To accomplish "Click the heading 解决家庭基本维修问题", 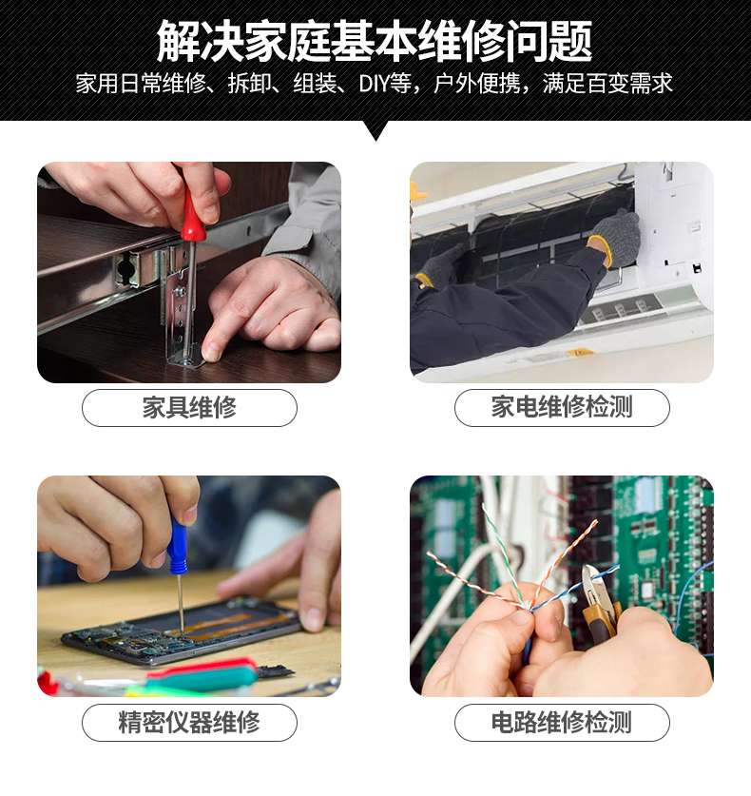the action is (x=375, y=41).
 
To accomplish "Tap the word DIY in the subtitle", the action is (x=373, y=84).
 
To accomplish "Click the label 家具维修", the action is (x=189, y=407).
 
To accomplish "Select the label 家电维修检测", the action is (x=562, y=407).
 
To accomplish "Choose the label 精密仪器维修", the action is (x=189, y=722).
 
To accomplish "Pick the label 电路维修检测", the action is (x=562, y=722).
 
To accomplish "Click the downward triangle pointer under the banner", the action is (x=375, y=130).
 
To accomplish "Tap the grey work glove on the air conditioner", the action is (x=614, y=236).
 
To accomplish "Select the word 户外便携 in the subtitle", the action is (x=477, y=84).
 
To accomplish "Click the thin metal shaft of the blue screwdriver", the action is (x=181, y=603).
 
